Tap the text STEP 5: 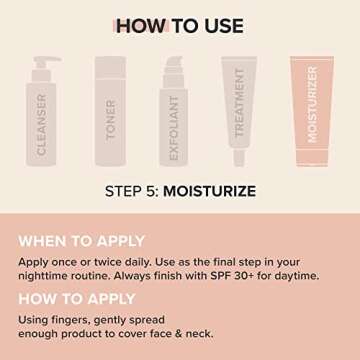pyautogui.click(x=133, y=190)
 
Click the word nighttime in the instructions pyautogui.click(x=52, y=274)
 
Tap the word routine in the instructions pyautogui.click(x=114, y=274)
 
